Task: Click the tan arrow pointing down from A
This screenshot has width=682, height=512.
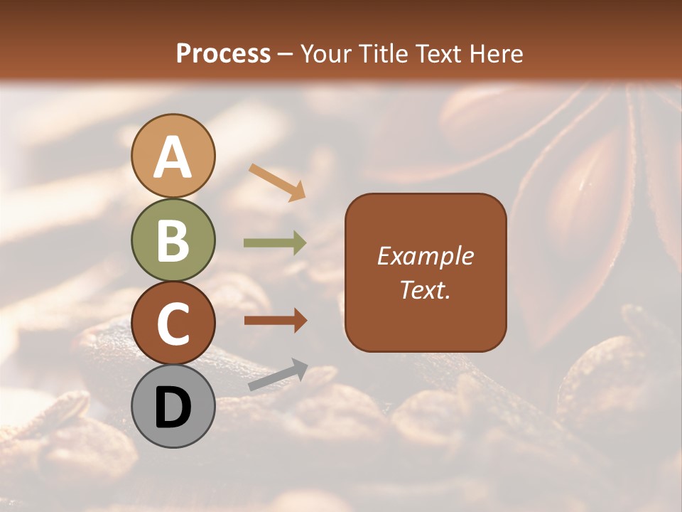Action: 277,181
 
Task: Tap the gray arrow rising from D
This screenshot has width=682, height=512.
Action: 278,375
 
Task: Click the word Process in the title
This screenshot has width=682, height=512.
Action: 223,53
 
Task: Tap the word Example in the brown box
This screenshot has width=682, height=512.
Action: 425,256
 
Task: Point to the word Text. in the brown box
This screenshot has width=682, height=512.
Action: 425,290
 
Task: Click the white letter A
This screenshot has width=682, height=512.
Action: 173,159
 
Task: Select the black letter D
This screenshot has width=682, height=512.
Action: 173,407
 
